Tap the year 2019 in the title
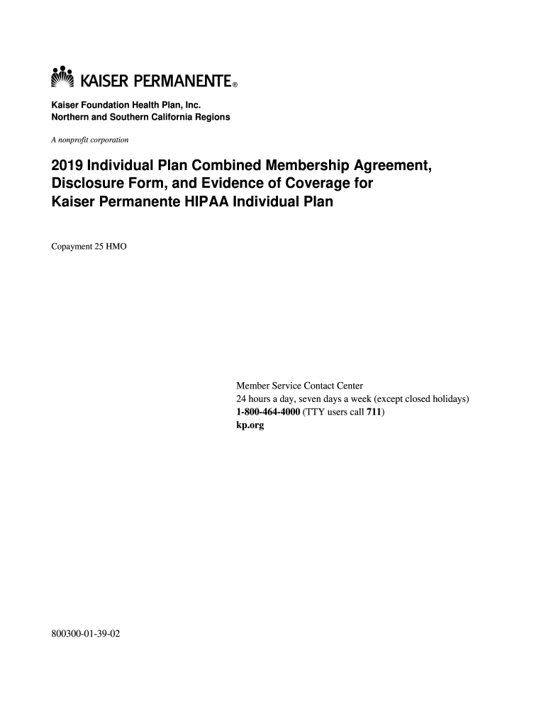coord(67,167)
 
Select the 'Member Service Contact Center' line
coord(299,386)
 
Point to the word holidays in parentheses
coord(445,399)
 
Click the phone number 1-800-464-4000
coord(268,412)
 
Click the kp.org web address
coord(250,425)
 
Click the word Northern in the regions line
coord(69,117)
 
